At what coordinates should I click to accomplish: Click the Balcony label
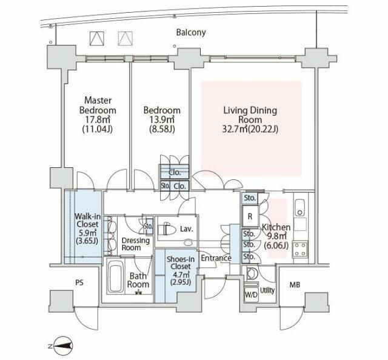pos(191,32)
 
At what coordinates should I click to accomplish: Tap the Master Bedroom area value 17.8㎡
pos(98,120)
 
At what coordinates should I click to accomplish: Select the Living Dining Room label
pos(250,115)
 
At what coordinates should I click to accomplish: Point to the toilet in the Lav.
pos(167,229)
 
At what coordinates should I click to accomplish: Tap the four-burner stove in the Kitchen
pos(300,249)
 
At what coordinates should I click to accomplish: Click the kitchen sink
pos(300,208)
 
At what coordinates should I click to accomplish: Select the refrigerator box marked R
pos(250,216)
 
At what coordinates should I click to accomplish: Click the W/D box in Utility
pos(251,295)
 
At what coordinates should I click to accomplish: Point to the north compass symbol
pos(63,345)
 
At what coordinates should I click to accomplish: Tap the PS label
pos(79,283)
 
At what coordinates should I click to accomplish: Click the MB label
pos(295,285)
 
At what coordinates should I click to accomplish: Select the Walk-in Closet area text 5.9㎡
pos(87,233)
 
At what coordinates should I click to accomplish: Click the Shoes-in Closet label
pos(181,263)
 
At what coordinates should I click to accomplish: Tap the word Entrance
pos(216,258)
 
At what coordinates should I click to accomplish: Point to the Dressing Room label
pos(136,244)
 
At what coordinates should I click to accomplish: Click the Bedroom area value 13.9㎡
pos(162,120)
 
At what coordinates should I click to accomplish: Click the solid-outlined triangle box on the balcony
pos(97,39)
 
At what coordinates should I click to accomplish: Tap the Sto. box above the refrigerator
pos(250,198)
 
